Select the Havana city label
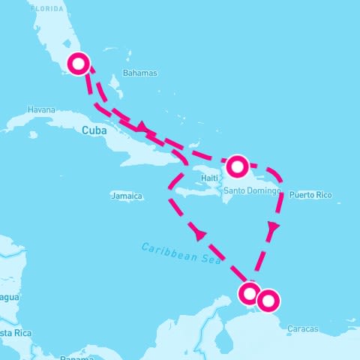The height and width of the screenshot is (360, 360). [x=40, y=109]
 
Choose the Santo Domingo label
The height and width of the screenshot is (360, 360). [x=250, y=191]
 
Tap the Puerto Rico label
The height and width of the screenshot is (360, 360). [x=310, y=195]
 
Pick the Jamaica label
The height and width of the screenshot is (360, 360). [x=126, y=196]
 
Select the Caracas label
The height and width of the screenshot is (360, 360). [x=302, y=329]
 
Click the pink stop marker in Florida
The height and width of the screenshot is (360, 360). [x=79, y=64]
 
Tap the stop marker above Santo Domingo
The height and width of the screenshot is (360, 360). [x=237, y=165]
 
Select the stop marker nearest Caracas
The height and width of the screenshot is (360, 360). [x=267, y=301]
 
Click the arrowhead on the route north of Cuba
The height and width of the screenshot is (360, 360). [x=142, y=127]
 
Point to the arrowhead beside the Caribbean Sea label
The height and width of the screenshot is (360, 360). [x=200, y=235]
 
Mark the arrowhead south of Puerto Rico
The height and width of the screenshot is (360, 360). [x=274, y=225]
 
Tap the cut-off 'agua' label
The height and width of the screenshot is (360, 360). [x=10, y=298]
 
